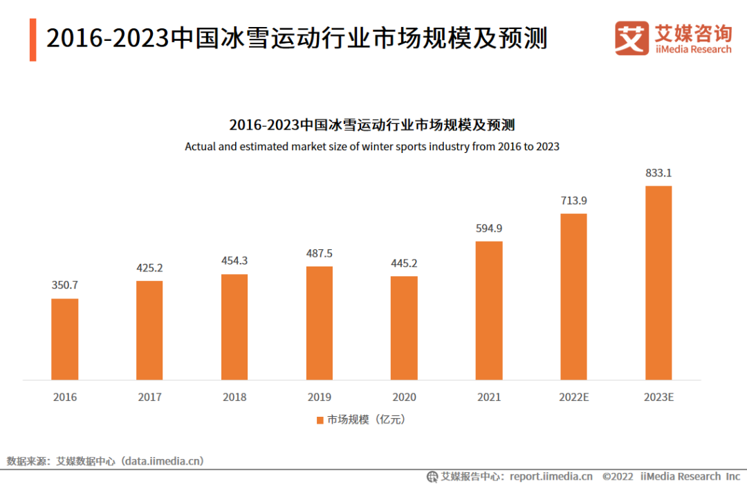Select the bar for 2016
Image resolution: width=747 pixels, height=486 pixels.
pos(65,339)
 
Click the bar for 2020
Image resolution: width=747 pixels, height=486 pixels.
pos(404,328)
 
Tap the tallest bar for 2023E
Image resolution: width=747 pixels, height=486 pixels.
pos(658,282)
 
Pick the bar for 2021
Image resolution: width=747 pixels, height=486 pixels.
pos(489,310)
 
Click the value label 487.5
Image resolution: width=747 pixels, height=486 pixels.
pos(319,253)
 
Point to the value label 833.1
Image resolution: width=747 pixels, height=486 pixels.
pos(658,172)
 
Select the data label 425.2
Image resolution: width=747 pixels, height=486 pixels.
pos(149,268)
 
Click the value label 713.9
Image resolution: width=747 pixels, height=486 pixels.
pos(573,201)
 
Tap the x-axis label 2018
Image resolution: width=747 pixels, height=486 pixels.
pos(234,397)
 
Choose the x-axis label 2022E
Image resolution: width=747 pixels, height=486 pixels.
pos(573,397)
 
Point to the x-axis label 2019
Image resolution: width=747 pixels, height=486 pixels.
pos(319,397)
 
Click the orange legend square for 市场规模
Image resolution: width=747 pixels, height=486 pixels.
pos(320,420)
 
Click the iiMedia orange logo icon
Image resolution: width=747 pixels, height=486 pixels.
pos(631,38)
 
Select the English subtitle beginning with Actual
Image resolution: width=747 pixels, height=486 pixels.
pos(372,147)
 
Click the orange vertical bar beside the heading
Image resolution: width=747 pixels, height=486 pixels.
pos(33,39)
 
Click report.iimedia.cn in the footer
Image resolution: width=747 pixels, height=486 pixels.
pos(551,476)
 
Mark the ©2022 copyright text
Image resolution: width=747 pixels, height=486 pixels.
pos(618,476)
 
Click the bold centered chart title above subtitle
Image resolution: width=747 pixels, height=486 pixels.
pos(372,125)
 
